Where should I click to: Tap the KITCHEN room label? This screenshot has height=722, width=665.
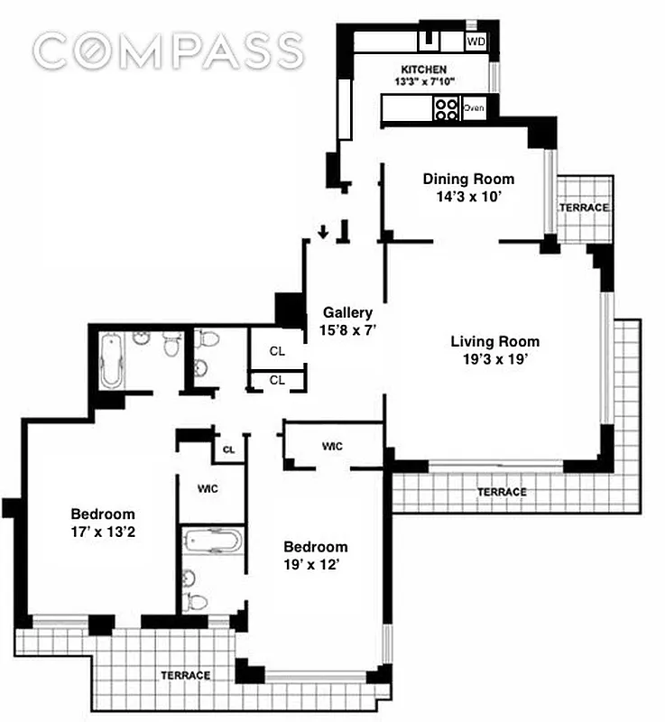tap(423, 69)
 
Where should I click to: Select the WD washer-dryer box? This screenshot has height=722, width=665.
tap(476, 41)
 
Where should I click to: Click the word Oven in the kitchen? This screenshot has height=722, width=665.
tap(474, 108)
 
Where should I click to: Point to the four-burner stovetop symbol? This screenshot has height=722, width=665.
tap(446, 109)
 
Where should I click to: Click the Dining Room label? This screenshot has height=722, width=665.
tap(468, 179)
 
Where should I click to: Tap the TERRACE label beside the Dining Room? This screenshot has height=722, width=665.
tap(584, 208)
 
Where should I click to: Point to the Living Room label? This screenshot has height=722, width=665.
tap(494, 341)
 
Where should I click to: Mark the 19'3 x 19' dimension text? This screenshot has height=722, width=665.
tap(494, 359)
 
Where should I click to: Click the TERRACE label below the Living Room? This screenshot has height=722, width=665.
tap(502, 492)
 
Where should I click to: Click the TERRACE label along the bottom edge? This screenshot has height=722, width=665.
tap(186, 675)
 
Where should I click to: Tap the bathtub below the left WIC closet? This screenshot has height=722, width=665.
tap(213, 542)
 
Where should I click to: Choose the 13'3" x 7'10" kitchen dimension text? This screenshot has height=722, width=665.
tap(423, 82)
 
